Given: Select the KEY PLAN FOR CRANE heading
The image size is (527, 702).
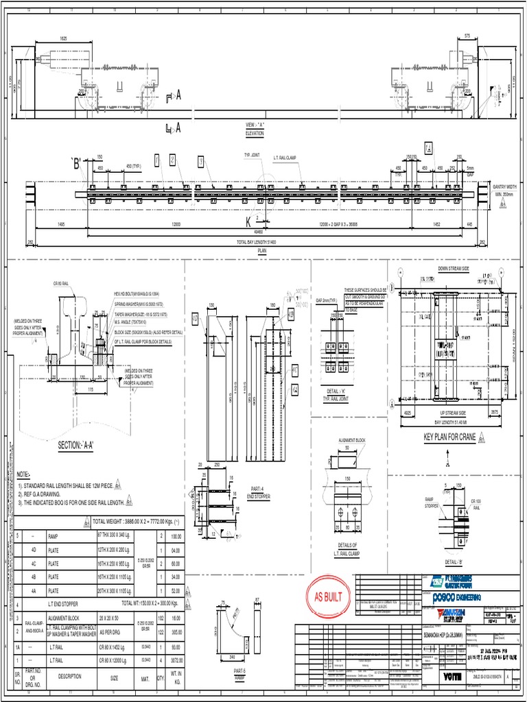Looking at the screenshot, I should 449,437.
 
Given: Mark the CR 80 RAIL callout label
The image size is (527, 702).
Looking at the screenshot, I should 60,283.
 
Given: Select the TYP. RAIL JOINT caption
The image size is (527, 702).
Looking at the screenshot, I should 339,399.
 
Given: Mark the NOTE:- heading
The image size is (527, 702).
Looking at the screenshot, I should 23,474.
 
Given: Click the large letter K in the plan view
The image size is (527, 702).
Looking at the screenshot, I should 248,221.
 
